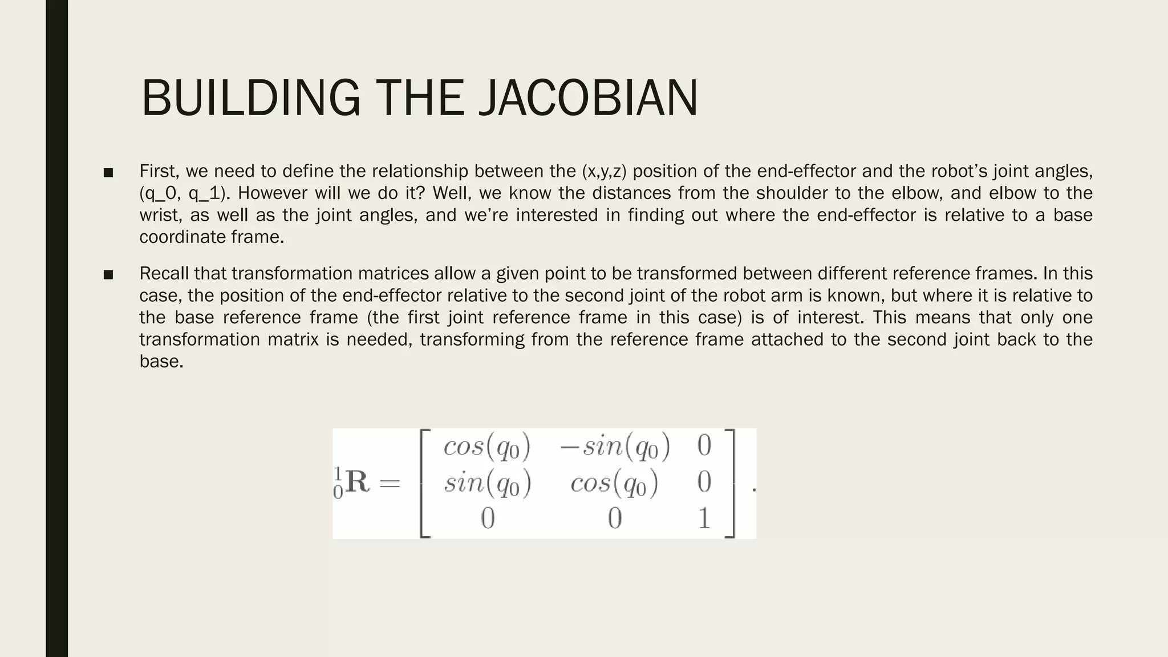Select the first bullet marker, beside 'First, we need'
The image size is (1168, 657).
tap(108, 172)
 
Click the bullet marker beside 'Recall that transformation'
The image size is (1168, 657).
tap(108, 275)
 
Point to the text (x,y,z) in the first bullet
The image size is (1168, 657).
tap(605, 171)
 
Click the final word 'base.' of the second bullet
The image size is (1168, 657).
tap(161, 361)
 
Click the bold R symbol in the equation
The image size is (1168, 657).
tap(358, 482)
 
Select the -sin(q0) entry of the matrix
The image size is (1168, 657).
tap(615, 446)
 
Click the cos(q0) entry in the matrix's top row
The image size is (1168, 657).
tap(487, 446)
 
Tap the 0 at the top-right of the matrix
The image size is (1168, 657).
tap(704, 445)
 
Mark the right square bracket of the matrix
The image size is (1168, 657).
tap(730, 483)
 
